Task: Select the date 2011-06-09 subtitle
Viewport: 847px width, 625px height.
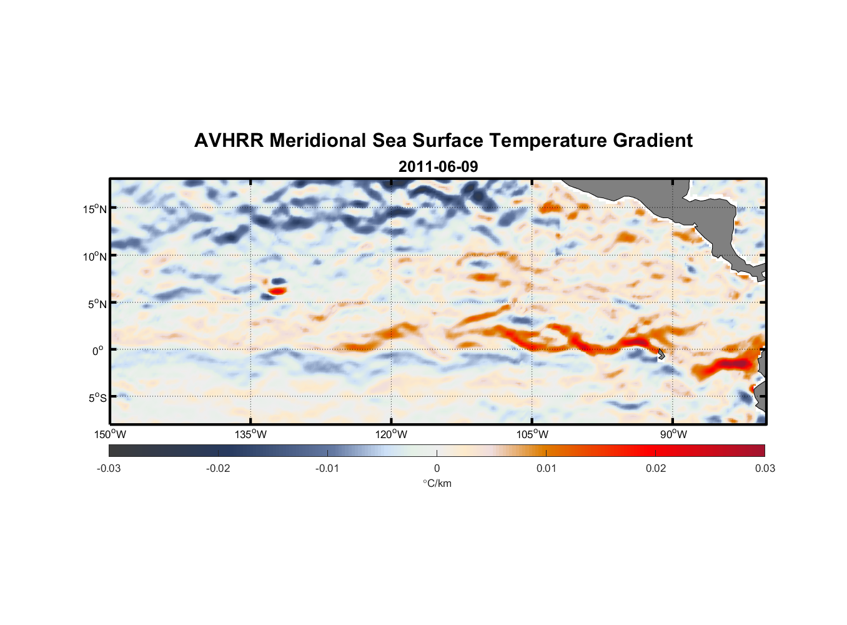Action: [438, 167]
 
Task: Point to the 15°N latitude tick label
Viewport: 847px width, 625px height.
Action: [95, 209]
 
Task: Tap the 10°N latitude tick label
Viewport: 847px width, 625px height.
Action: [95, 256]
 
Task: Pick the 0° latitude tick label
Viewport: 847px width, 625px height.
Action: [97, 351]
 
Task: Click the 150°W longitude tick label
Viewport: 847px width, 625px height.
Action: [110, 434]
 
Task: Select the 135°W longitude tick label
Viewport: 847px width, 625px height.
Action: [250, 434]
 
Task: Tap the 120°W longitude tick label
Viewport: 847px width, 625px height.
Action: [391, 434]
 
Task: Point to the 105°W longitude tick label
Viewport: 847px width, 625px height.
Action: [532, 434]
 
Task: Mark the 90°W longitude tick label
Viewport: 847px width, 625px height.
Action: [673, 434]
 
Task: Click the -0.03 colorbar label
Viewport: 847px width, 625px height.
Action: [109, 469]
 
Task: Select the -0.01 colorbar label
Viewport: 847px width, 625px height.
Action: [327, 469]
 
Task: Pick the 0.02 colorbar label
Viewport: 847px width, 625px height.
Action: [656, 469]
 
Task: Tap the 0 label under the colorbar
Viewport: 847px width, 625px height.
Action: [437, 469]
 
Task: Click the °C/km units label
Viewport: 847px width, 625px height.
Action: [437, 483]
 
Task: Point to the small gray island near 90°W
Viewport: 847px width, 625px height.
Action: [661, 354]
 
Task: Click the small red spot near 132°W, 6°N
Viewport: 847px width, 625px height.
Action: [277, 291]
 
